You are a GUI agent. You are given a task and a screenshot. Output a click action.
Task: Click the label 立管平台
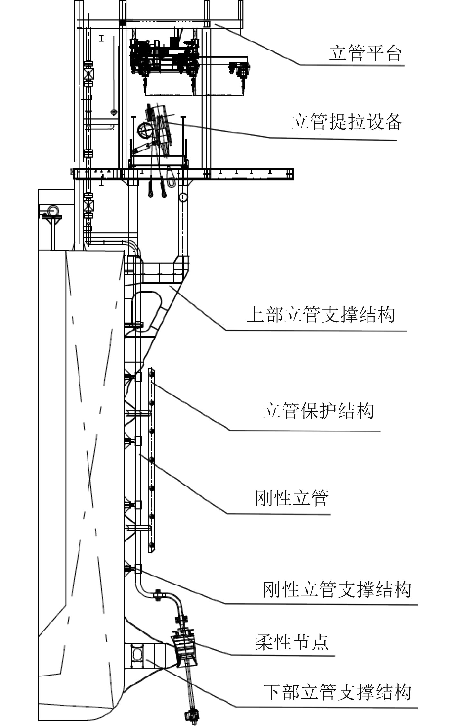coord(365,53)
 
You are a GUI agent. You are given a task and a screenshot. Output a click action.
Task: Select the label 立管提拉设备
coord(347,122)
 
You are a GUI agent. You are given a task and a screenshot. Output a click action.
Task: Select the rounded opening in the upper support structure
coord(146,310)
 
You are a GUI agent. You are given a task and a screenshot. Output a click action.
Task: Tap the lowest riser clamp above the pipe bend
coord(137,569)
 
